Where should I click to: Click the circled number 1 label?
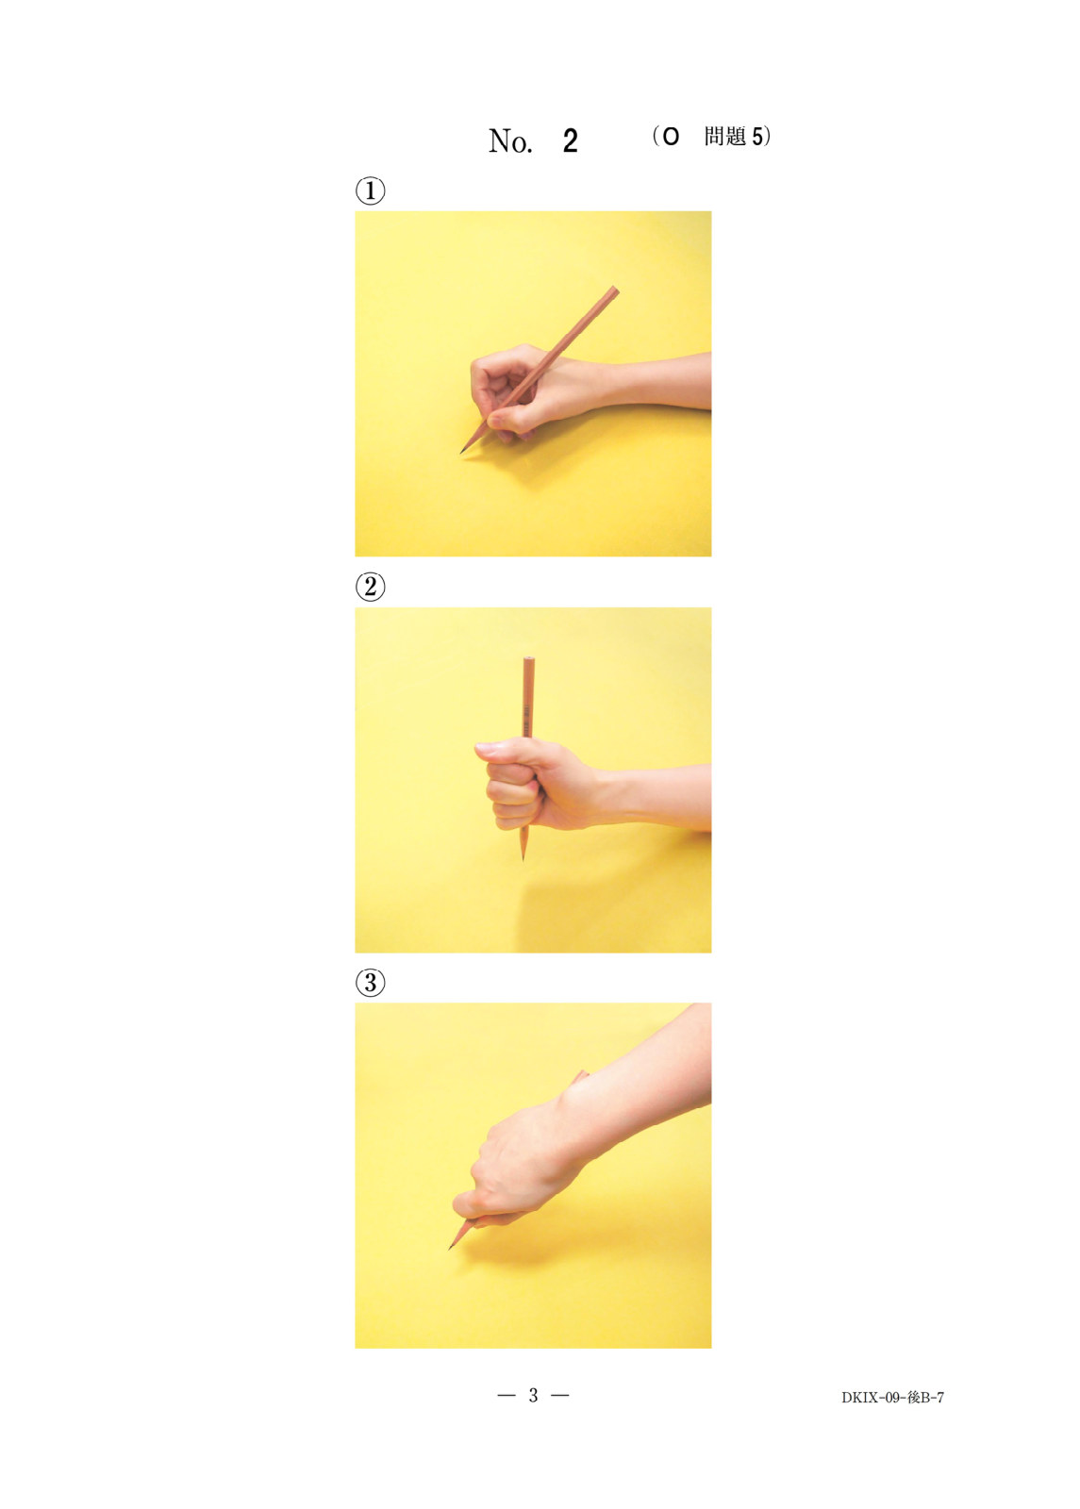(x=370, y=191)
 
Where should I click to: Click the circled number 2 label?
(x=370, y=587)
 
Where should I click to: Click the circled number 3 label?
(x=370, y=982)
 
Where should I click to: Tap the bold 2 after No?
(x=570, y=141)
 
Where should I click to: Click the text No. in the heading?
(x=510, y=141)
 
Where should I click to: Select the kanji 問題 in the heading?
(x=725, y=136)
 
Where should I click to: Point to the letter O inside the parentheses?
(x=671, y=137)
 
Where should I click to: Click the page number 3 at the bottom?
(x=533, y=1395)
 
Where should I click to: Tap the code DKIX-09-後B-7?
(x=892, y=1397)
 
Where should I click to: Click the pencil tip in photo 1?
(x=461, y=452)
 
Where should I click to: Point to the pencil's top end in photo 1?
(x=614, y=289)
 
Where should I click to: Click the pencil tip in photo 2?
(x=523, y=859)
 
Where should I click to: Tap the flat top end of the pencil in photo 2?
(x=529, y=659)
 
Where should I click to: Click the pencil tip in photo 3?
(x=449, y=1249)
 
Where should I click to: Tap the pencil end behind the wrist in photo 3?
(x=581, y=1076)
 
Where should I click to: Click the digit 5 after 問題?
(x=758, y=137)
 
